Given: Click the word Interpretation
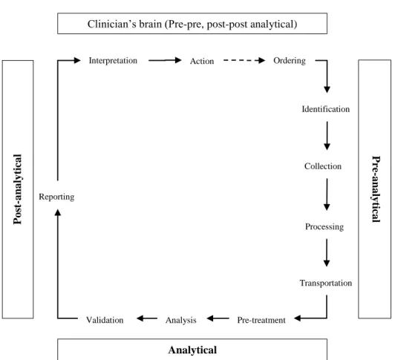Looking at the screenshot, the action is [113, 61].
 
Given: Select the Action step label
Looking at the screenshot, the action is [202, 61].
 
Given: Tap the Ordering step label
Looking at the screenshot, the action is [290, 61].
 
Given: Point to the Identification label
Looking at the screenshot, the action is [326, 109].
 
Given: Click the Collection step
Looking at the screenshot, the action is [323, 166].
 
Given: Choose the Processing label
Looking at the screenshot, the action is [324, 226].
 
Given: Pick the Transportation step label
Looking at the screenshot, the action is [326, 283].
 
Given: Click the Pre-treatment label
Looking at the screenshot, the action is [261, 320].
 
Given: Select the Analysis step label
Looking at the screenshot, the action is [181, 320].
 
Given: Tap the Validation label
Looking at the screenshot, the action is [105, 320].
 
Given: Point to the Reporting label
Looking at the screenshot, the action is [56, 197].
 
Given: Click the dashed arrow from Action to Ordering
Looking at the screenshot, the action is [244, 60].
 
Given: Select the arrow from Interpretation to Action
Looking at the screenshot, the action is [165, 60].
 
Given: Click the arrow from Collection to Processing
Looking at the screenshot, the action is [327, 194].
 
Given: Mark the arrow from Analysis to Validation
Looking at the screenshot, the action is [147, 318].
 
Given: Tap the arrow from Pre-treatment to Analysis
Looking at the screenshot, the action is [218, 318].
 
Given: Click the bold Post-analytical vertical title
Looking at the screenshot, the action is [18, 189].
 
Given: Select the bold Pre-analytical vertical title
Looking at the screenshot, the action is [376, 189].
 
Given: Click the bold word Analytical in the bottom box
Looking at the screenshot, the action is [192, 350].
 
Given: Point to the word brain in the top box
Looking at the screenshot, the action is [151, 24].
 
